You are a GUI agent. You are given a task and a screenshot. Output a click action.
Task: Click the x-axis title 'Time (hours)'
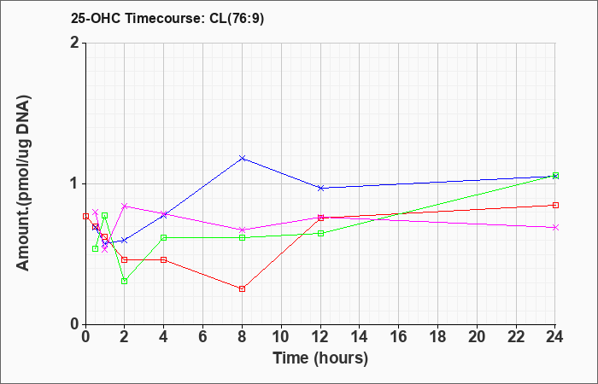pos(320,358)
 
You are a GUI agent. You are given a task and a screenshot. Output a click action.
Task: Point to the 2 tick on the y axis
pos(74,43)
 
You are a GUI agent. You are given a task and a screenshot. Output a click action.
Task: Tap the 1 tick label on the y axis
pos(74,183)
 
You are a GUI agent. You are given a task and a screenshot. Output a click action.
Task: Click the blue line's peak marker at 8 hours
pos(243,158)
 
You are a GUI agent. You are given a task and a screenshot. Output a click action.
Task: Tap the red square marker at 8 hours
pos(243,289)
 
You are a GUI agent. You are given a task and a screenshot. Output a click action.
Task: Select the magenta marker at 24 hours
pos(555,228)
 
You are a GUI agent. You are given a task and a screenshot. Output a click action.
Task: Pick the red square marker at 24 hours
pos(555,206)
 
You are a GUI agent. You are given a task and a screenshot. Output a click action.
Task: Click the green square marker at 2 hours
pos(125,281)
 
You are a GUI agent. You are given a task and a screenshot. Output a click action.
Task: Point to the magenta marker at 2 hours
pos(125,206)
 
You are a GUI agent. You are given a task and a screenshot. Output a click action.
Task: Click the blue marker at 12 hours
pos(320,188)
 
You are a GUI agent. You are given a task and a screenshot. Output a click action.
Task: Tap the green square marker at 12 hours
pos(320,234)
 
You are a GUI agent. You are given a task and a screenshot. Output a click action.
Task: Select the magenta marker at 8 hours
pos(243,230)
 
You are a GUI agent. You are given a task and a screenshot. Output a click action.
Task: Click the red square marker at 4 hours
pos(164,259)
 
